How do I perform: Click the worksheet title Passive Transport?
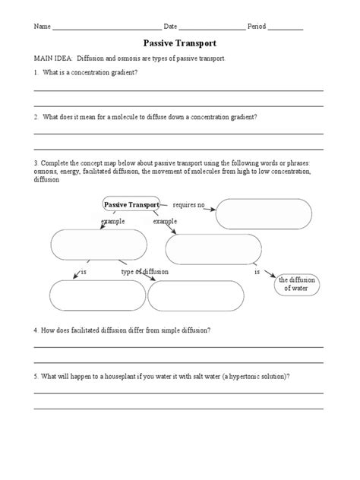[180, 45]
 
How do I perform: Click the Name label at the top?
[42, 27]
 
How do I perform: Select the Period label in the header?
[257, 27]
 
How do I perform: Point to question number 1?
[35, 74]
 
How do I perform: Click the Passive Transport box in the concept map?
[131, 205]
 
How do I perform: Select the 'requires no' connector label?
[189, 205]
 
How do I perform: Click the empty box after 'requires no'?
[264, 213]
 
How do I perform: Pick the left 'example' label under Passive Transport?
[112, 221]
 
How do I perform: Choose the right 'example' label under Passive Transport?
[165, 221]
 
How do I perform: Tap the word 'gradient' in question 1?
[122, 74]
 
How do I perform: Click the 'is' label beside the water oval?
[257, 271]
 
